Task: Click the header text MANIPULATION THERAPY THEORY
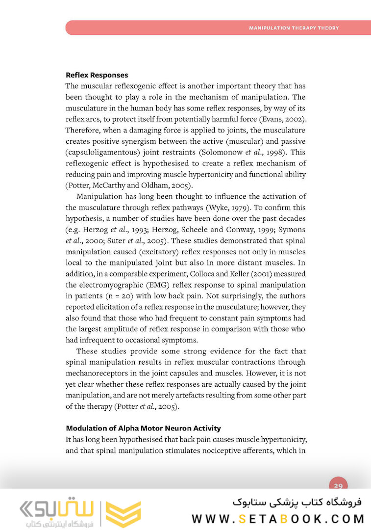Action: pos(294,28)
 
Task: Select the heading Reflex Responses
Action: pos(97,75)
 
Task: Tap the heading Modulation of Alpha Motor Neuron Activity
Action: pos(143,428)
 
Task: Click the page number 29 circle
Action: pos(338,486)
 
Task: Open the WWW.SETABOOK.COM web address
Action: pos(278,518)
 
